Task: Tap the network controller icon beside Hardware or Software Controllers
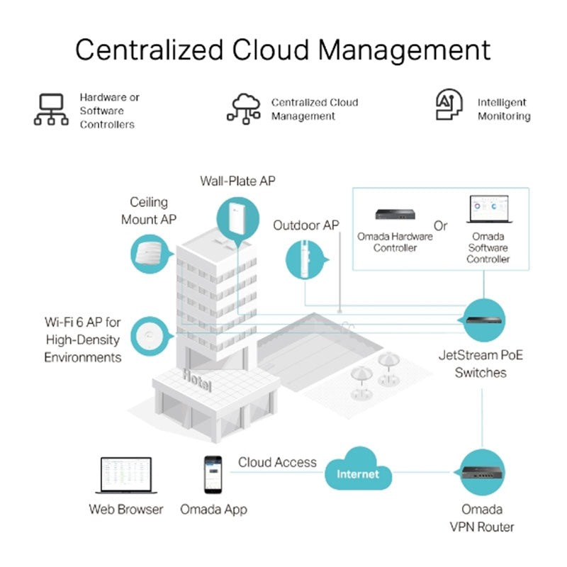[52, 111]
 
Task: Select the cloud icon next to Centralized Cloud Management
[244, 108]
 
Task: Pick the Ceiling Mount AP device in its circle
[152, 252]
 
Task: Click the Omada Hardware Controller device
[394, 213]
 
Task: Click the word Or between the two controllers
[441, 227]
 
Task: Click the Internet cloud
[358, 471]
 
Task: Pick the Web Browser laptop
[123, 476]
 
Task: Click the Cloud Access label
[277, 463]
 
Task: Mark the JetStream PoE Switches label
[481, 363]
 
